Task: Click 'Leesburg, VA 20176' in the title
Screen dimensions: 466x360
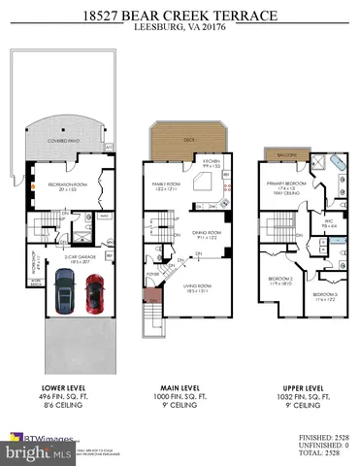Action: click(180, 28)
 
